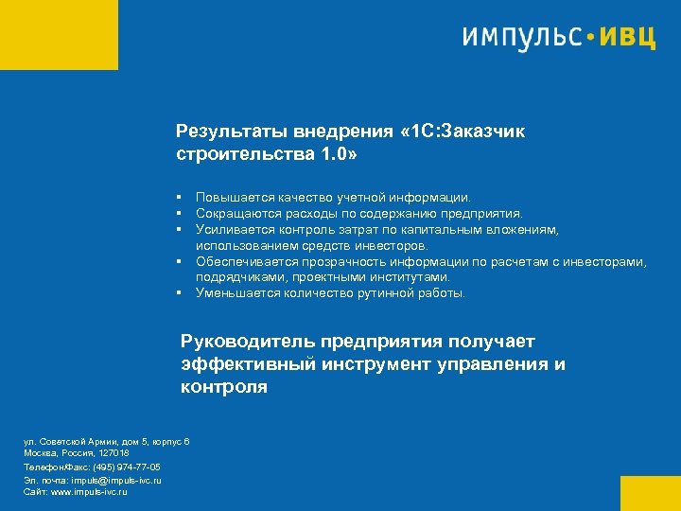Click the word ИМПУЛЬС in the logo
[521, 39]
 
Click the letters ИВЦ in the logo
[628, 39]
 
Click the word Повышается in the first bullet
[234, 198]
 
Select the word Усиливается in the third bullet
[234, 229]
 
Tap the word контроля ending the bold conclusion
[224, 387]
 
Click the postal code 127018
[113, 454]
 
